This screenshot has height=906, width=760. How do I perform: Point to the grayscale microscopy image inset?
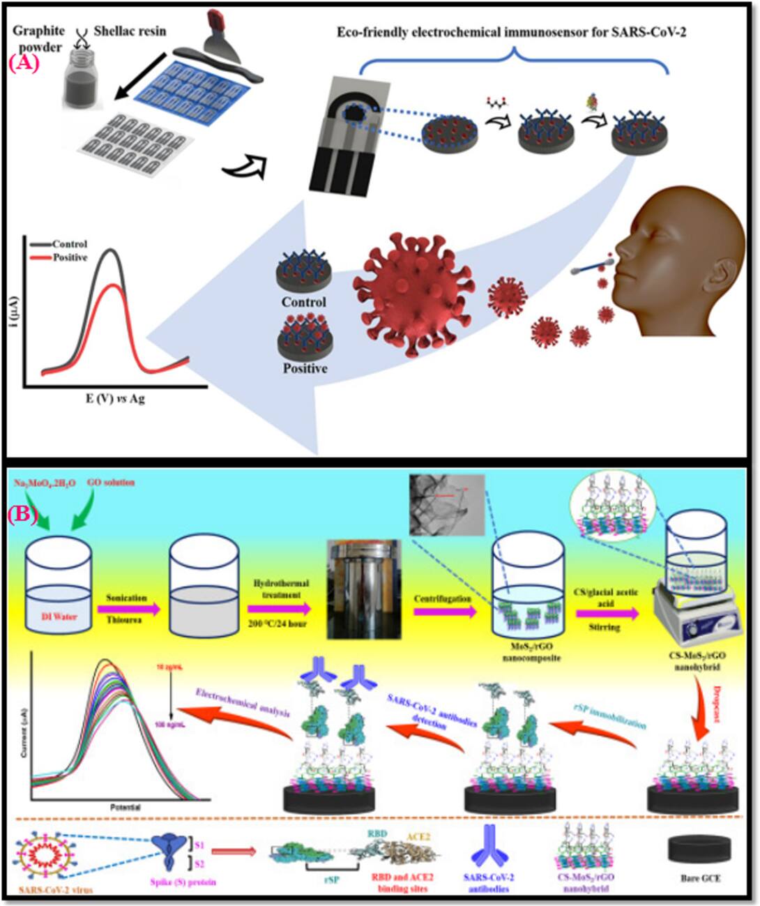click(x=447, y=505)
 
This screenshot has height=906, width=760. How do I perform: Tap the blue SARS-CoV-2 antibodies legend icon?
click(x=487, y=848)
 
